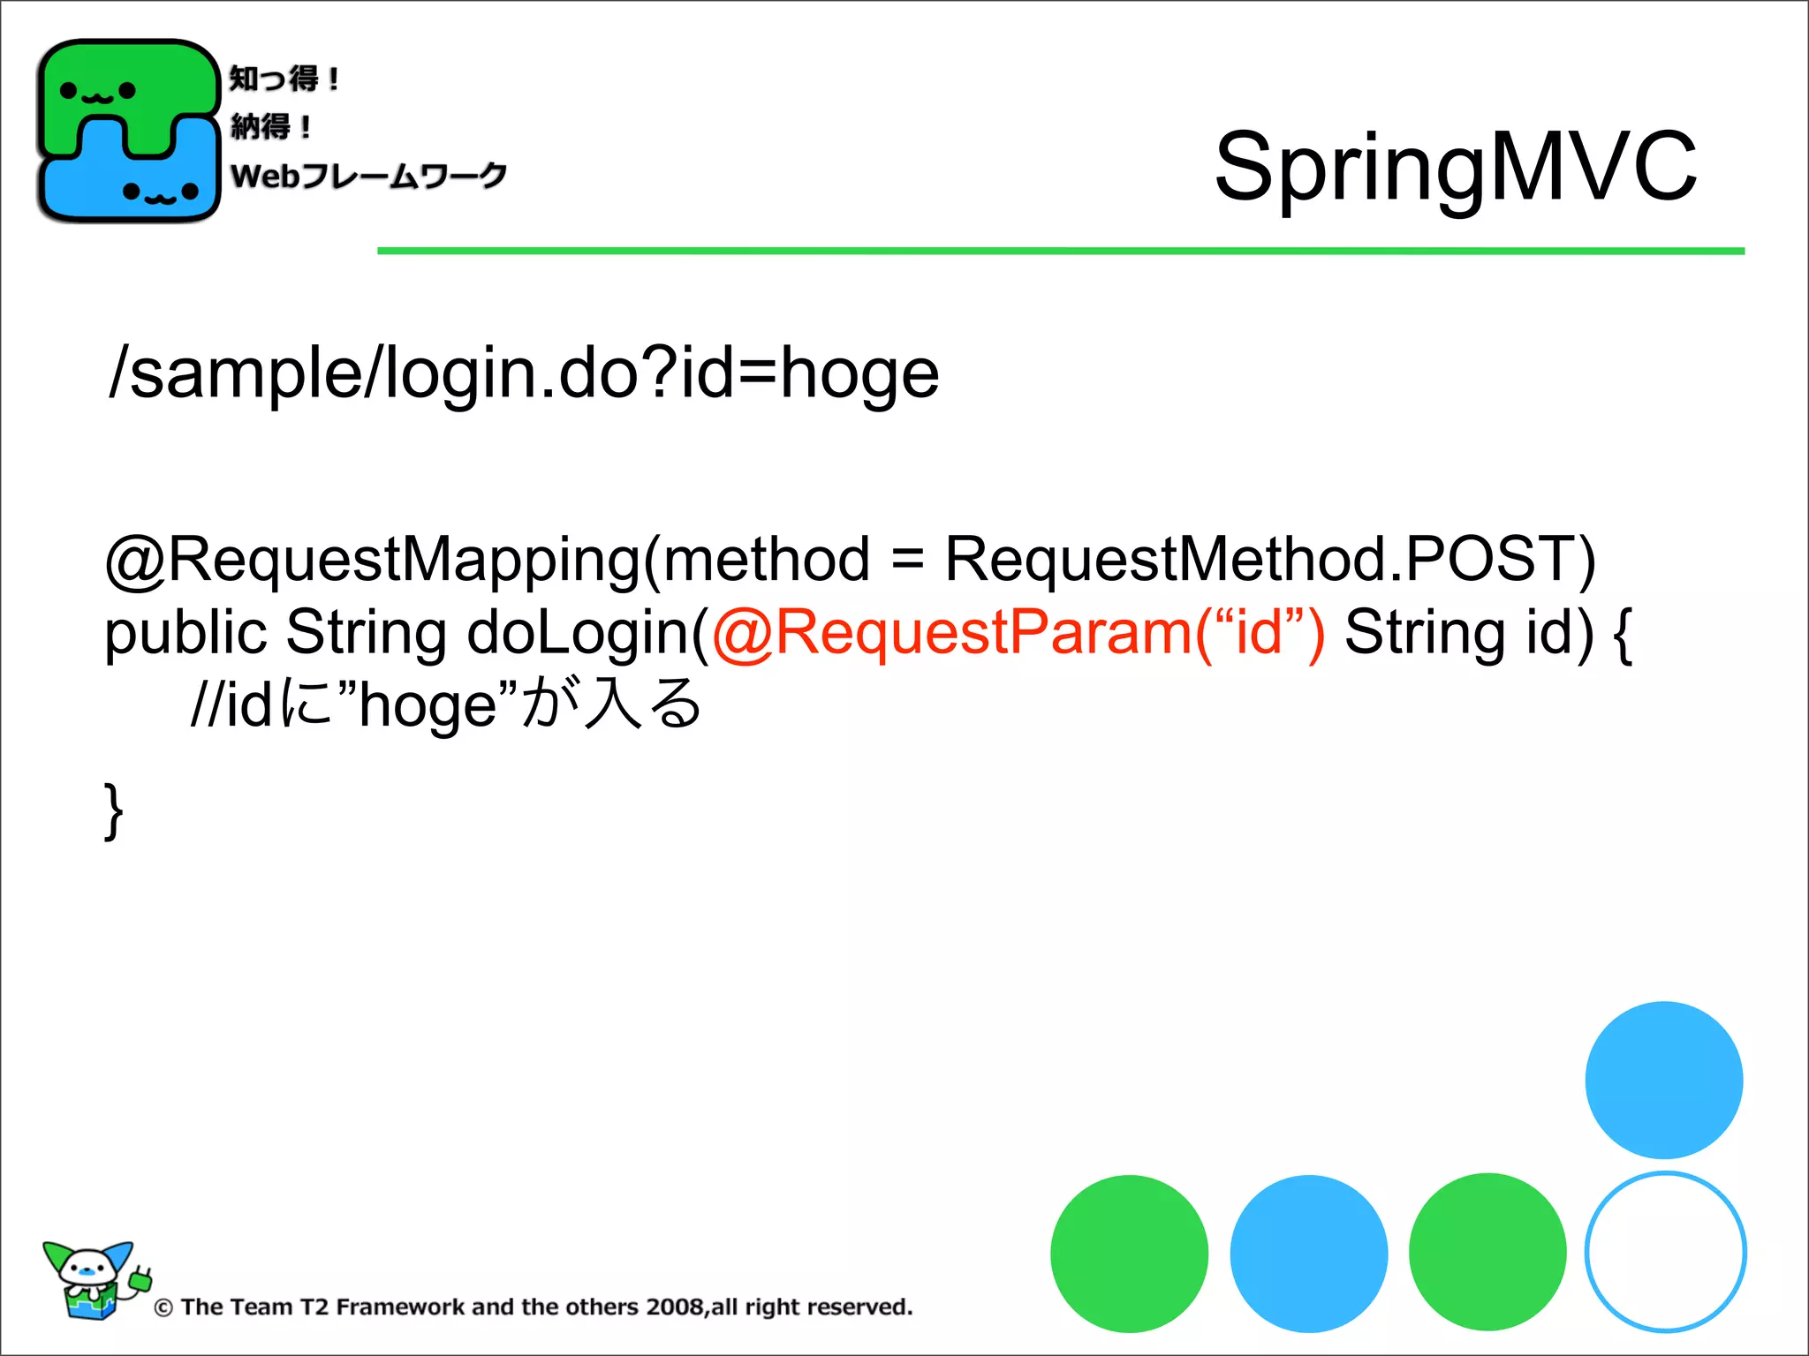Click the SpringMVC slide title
tap(1455, 167)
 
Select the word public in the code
tap(185, 633)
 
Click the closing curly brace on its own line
tap(113, 810)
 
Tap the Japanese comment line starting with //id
tap(446, 704)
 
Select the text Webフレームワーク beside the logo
tap(368, 176)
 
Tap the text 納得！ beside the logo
tap(270, 127)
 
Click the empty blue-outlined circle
tap(1665, 1252)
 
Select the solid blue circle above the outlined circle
tap(1663, 1080)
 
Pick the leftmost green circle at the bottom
tap(1129, 1254)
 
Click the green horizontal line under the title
tap(1060, 252)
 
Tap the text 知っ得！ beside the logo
tap(284, 79)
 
